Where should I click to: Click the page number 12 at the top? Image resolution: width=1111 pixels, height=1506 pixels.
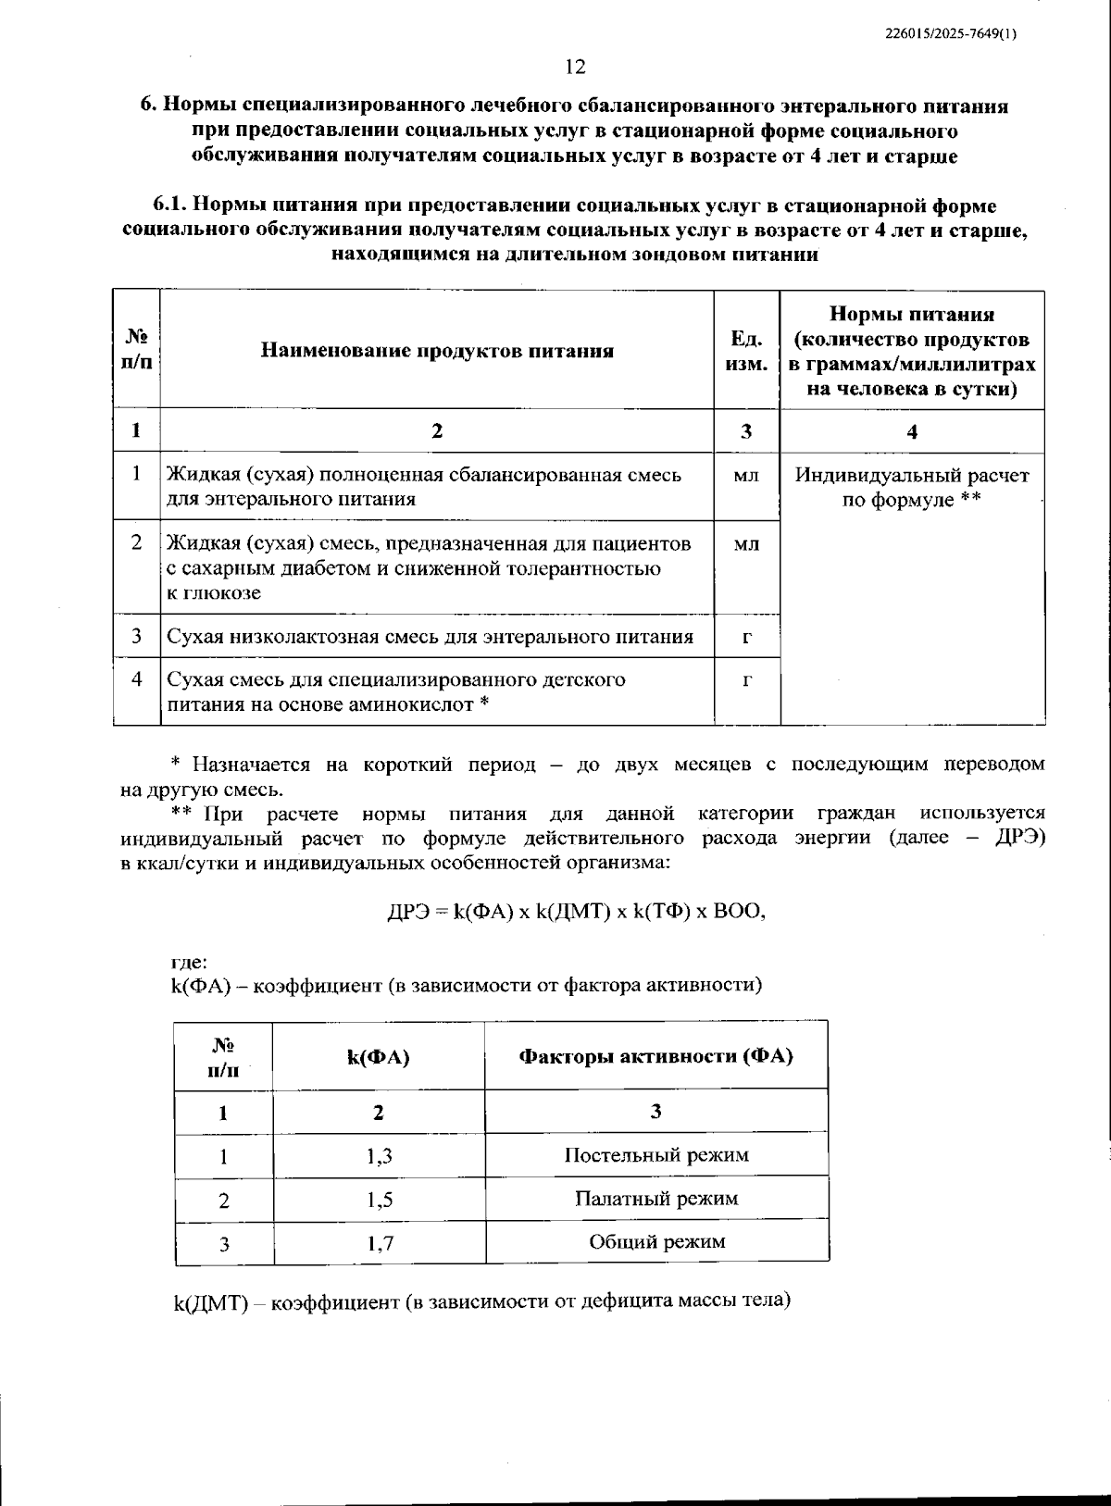pyautogui.click(x=575, y=67)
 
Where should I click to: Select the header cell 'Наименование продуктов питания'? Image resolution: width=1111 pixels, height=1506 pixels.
pyautogui.click(x=437, y=351)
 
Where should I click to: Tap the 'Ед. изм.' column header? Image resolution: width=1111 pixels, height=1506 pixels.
pyautogui.click(x=746, y=351)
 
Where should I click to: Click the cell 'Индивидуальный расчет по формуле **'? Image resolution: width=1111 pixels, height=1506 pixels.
pyautogui.click(x=912, y=488)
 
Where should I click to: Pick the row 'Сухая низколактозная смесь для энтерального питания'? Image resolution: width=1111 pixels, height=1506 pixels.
pyautogui.click(x=430, y=637)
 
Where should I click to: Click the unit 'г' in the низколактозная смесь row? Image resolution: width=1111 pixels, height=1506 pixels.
pyautogui.click(x=746, y=636)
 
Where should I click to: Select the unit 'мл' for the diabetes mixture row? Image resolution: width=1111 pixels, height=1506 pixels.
pyautogui.click(x=746, y=544)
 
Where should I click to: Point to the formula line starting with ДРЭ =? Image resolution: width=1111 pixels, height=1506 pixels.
pyautogui.click(x=577, y=911)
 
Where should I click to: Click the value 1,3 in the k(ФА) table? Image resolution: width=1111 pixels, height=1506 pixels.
pyautogui.click(x=379, y=1156)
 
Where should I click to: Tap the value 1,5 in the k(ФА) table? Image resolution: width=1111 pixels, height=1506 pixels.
pyautogui.click(x=379, y=1201)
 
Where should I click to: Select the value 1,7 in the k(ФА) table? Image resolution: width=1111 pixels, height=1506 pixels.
pyautogui.click(x=379, y=1243)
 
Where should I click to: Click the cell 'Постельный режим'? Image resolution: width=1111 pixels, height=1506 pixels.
pyautogui.click(x=656, y=1155)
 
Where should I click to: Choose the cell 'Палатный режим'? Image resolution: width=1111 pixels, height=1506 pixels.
pyautogui.click(x=656, y=1199)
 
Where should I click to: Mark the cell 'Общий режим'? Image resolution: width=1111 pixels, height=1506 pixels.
pyautogui.click(x=656, y=1242)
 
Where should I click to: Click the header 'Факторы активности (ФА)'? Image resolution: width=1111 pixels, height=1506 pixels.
pyautogui.click(x=656, y=1056)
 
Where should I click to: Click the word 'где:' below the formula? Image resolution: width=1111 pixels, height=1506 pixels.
pyautogui.click(x=189, y=962)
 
